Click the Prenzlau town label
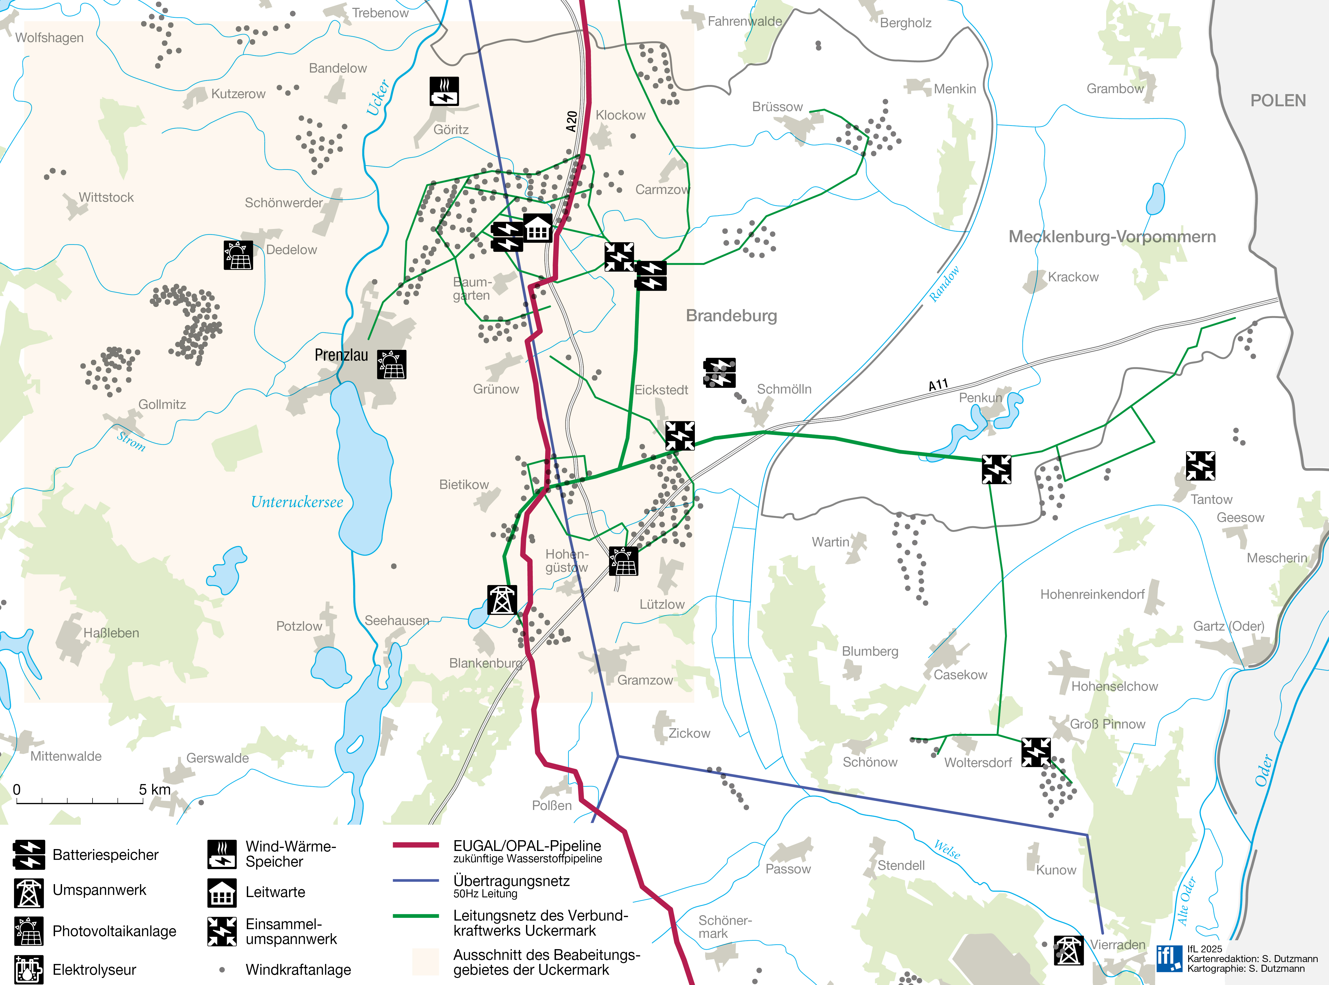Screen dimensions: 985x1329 [341, 355]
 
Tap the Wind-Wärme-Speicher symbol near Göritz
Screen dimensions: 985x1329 [444, 91]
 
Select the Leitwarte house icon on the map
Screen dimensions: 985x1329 [537, 228]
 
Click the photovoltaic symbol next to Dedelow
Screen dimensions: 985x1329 [238, 255]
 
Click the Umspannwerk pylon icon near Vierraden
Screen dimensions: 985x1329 [1068, 950]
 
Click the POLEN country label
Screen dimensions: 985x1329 [1278, 101]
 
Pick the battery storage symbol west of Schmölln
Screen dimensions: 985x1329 [720, 373]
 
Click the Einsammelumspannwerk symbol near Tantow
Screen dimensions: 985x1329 [1200, 466]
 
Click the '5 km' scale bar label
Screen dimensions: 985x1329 [154, 790]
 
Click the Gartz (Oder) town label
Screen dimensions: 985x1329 [1228, 626]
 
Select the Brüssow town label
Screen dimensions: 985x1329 [777, 107]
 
